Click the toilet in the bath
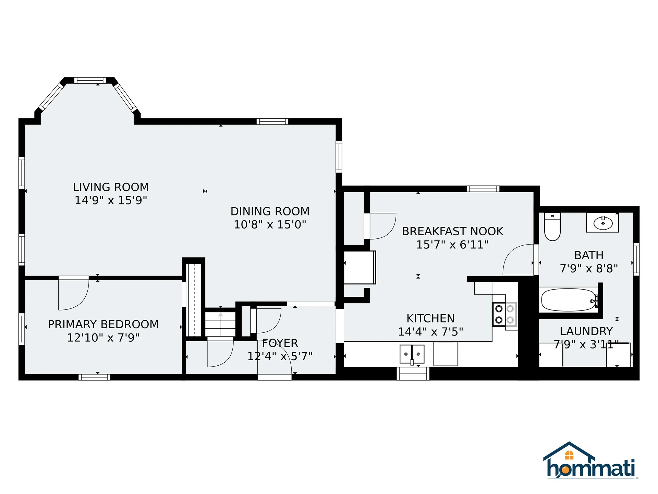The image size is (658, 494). (x=552, y=227)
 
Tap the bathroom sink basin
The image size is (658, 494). (x=603, y=223)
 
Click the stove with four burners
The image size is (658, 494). (x=505, y=314)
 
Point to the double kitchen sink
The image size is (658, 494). (x=412, y=354)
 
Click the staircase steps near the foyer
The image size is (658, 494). (x=220, y=324)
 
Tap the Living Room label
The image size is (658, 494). (x=111, y=187)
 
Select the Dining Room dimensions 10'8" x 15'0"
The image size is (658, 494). (x=270, y=224)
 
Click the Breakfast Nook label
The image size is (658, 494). (x=453, y=231)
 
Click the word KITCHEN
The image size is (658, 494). (x=430, y=318)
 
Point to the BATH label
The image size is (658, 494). (x=589, y=255)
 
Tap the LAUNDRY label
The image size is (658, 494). (x=586, y=331)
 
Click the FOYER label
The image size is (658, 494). (x=280, y=343)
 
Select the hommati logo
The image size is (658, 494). (x=591, y=460)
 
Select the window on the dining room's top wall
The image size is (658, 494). (x=272, y=121)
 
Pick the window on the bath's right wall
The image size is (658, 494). (x=636, y=259)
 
